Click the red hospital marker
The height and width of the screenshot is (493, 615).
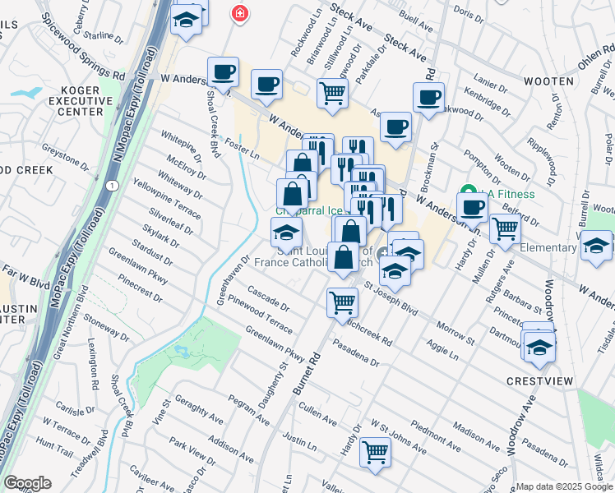tap(239, 14)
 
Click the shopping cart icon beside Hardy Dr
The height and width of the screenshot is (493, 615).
tap(375, 451)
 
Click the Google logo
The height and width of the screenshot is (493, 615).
tap(27, 483)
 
